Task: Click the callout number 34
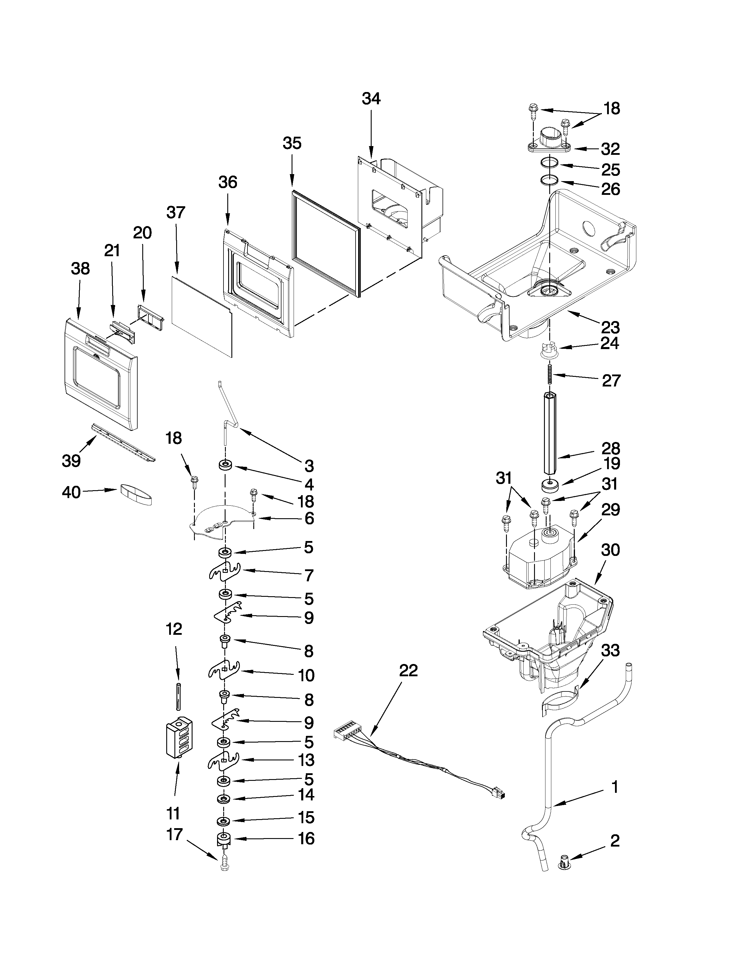[x=371, y=99]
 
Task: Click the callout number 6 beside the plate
[x=309, y=519]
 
